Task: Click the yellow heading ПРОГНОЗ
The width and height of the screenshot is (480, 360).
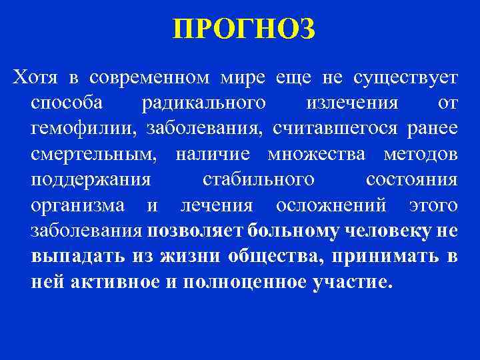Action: pyautogui.click(x=241, y=29)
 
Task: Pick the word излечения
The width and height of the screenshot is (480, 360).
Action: pyautogui.click(x=352, y=104)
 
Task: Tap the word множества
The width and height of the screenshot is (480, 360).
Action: pyautogui.click(x=317, y=155)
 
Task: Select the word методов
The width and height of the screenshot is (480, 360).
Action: pyautogui.click(x=421, y=155)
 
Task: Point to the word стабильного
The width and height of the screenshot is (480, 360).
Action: pyautogui.click(x=258, y=180)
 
